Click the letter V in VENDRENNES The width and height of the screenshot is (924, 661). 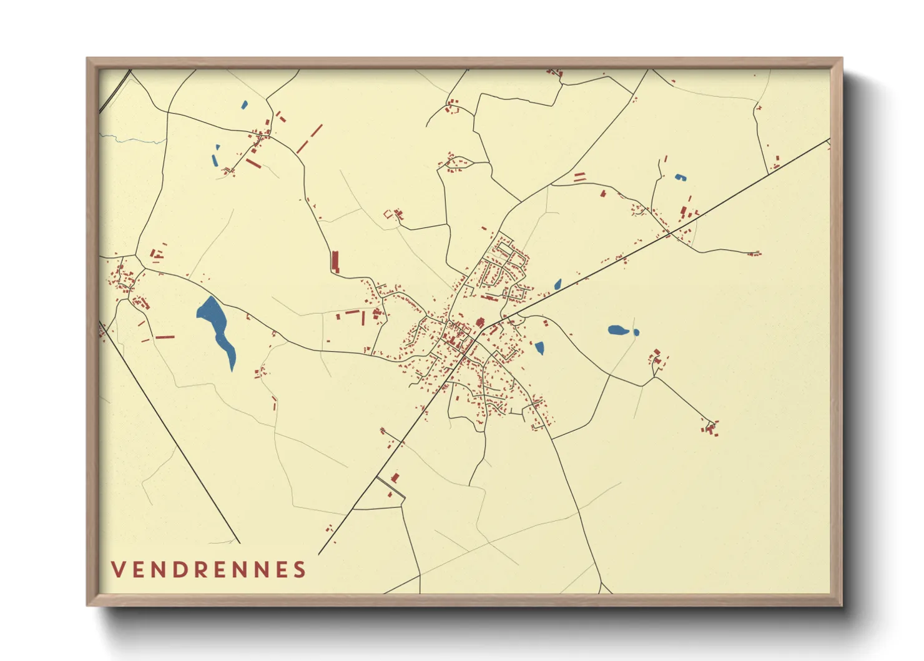point(118,569)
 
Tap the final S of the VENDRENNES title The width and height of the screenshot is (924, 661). point(300,569)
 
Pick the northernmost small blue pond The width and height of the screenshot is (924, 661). point(244,105)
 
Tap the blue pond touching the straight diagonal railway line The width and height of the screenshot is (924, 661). point(558,285)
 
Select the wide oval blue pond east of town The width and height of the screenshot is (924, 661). point(617,330)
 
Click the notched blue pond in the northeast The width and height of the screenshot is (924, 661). point(679,177)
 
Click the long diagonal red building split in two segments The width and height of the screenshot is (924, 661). point(309,139)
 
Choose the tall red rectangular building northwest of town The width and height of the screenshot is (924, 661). point(335,261)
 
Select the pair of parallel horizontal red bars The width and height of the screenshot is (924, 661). point(579,177)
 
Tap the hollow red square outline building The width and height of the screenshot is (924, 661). point(388,214)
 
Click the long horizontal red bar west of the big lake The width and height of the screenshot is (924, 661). point(165,337)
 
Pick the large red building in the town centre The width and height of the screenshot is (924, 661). point(480,323)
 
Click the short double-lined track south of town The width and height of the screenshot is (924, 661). point(391,488)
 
